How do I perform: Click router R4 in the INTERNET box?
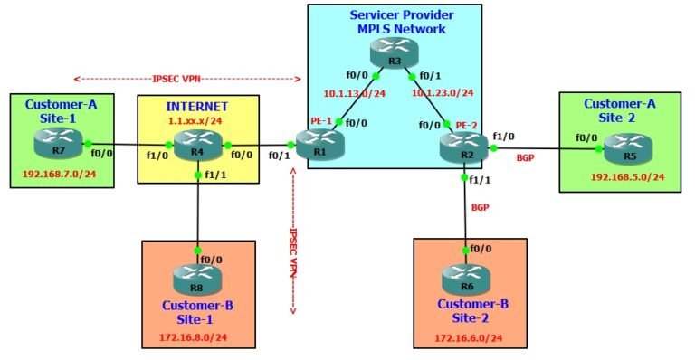click(198, 144)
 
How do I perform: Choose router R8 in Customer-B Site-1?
click(198, 277)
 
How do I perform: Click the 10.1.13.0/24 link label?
click(354, 92)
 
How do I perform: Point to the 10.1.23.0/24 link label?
click(442, 92)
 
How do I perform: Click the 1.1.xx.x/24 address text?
click(197, 118)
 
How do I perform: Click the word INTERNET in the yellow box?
click(197, 106)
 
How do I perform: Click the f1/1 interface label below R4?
click(214, 175)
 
